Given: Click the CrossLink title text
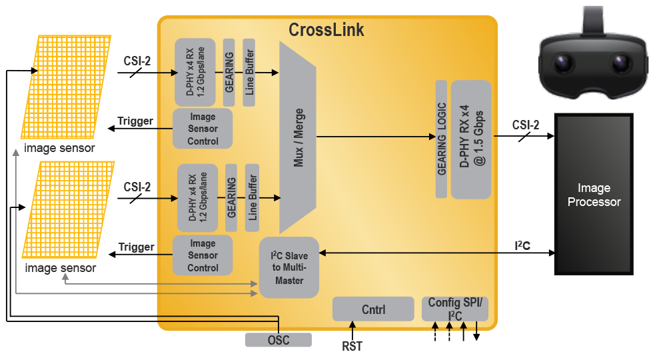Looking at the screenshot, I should tap(326, 30).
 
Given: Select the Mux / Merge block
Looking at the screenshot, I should tap(297, 137).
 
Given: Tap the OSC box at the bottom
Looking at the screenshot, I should tap(278, 340).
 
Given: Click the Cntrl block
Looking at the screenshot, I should tap(372, 309).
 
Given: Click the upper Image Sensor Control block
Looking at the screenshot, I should tap(203, 129).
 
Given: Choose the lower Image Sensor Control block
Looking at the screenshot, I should tap(203, 255).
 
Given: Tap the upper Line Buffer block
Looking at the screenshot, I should tap(249, 73).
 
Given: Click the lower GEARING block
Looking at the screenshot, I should tap(231, 197).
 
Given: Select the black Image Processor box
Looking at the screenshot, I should tap(594, 194).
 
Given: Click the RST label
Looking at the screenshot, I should tap(352, 346).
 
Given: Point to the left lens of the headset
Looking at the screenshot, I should tap(564, 63).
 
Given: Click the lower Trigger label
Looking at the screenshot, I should tap(136, 247).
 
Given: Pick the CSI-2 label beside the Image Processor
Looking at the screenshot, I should tap(526, 125).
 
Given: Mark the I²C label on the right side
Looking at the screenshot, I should tap(522, 246).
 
